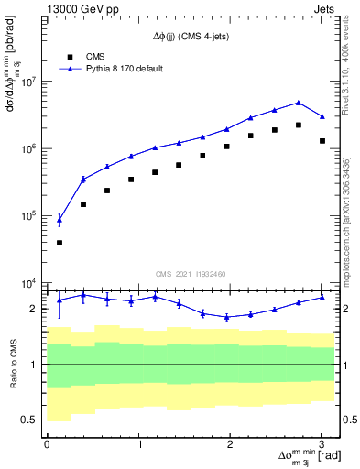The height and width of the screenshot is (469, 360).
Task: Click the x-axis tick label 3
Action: pos(322,444)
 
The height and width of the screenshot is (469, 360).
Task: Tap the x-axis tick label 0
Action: pos(47,444)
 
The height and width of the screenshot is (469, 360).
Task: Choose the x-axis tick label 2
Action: pos(230,444)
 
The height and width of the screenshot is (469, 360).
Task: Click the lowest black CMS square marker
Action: pos(60,243)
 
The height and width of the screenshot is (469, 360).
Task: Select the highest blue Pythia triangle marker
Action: pos(299,103)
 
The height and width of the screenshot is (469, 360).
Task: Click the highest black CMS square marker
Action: pos(299,125)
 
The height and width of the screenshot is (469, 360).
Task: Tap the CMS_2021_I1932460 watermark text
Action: pos(191,273)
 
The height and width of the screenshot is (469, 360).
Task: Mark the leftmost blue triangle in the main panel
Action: pos(60,219)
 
